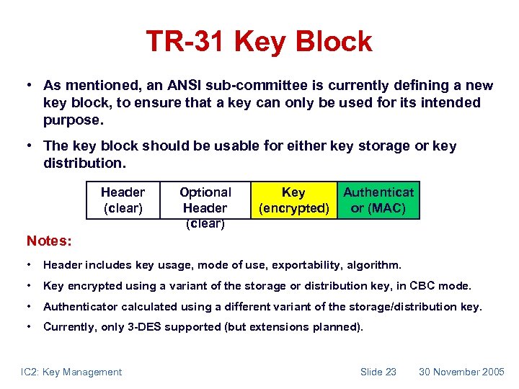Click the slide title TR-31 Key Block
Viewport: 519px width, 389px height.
click(259, 41)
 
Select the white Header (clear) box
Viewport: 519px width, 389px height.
click(123, 200)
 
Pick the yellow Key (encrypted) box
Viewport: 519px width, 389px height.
click(293, 200)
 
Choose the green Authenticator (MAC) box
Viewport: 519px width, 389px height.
click(378, 200)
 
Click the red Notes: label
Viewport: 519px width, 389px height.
click(48, 238)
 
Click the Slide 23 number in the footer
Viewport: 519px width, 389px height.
click(378, 372)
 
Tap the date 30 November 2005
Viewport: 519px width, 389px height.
click(461, 372)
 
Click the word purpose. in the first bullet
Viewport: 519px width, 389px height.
click(73, 119)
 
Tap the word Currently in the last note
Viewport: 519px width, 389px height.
click(68, 327)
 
